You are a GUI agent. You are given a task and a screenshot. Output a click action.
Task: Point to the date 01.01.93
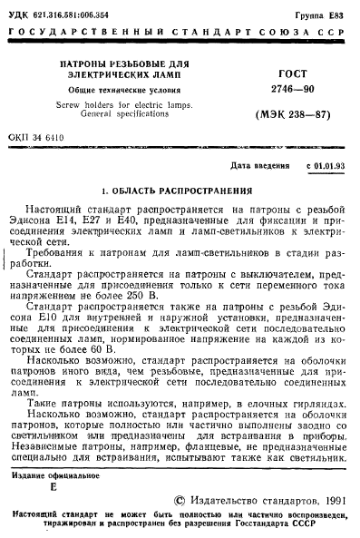329,167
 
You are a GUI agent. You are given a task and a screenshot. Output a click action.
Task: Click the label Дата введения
260,167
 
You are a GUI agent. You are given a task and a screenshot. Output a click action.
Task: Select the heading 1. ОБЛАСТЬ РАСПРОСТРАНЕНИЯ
179,191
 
